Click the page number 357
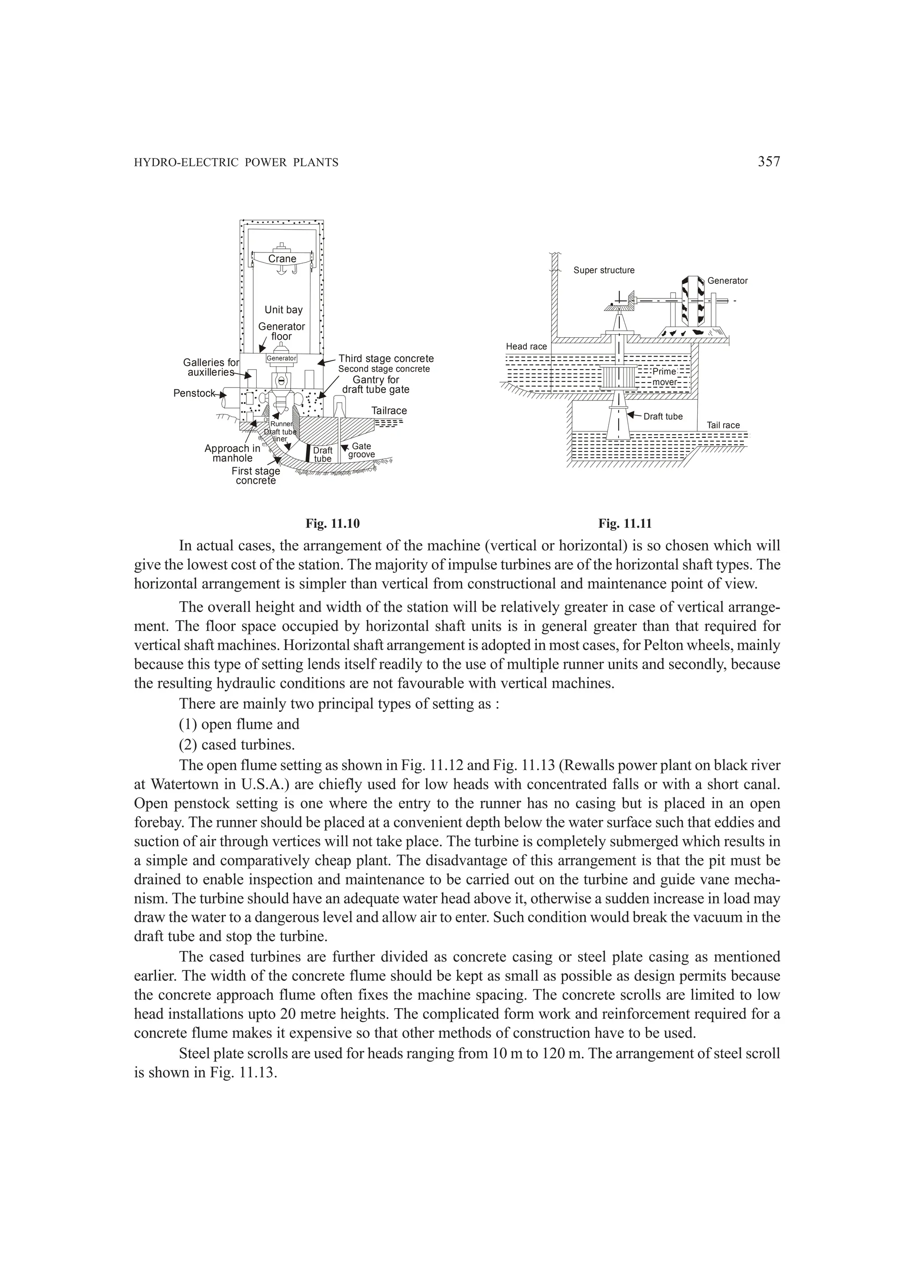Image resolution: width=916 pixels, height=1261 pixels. [769, 162]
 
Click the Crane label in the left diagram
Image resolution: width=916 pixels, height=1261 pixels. [282, 259]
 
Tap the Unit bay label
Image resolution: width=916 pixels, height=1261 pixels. [284, 310]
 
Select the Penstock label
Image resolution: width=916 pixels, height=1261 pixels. [194, 393]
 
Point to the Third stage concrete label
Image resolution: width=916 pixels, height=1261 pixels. [386, 358]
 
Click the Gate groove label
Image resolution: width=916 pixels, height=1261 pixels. [361, 450]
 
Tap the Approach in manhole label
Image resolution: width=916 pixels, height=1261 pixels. [232, 453]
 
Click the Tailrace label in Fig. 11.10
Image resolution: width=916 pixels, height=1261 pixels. [389, 411]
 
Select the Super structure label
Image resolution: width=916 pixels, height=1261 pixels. [604, 270]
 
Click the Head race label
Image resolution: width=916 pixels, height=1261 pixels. [526, 346]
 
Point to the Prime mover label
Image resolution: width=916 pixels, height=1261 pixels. [664, 376]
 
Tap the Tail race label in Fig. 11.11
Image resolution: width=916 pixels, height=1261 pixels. [723, 426]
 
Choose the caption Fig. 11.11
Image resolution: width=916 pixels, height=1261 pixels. [625, 523]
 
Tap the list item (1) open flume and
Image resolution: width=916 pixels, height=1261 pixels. [239, 724]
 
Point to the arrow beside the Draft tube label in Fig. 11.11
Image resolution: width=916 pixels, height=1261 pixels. [634, 415]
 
